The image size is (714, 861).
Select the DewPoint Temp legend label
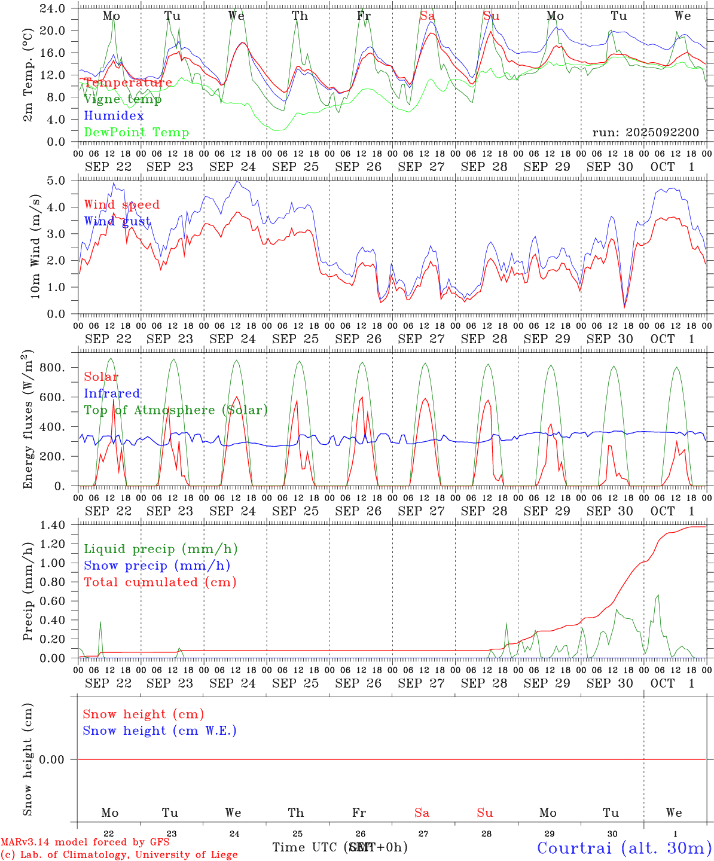point(136,132)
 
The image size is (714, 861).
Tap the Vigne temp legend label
point(123,99)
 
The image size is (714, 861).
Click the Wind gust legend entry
point(117,221)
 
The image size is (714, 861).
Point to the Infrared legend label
point(112,393)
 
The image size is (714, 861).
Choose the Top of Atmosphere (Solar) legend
point(176,410)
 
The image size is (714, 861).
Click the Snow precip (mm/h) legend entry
point(157,566)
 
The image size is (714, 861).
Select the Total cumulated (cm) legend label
point(160,582)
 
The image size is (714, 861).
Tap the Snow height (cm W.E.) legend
point(160,731)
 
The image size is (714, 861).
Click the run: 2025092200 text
point(646,132)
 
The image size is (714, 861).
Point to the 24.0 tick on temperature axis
point(53,8)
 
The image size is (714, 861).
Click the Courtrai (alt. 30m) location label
point(624,848)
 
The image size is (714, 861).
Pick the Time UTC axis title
point(340,847)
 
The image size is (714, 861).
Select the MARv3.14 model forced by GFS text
point(85,842)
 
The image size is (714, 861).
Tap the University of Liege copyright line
point(119,854)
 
